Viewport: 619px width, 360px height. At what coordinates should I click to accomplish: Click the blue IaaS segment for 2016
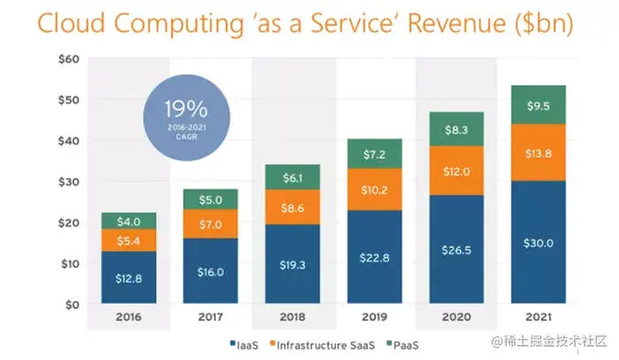(x=128, y=278)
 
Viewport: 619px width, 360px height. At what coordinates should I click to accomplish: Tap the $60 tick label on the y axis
(x=69, y=58)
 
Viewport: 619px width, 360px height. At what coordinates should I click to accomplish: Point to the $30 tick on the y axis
(x=69, y=181)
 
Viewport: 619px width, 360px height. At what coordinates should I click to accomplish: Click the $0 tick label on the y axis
(x=73, y=304)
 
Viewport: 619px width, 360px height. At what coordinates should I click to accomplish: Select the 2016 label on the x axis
(x=128, y=316)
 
